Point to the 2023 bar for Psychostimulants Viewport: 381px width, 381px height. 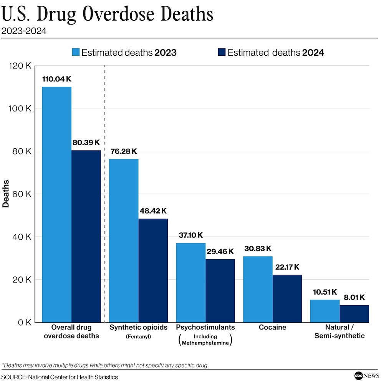pyautogui.click(x=190, y=282)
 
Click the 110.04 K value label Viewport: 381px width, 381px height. pyautogui.click(x=56, y=79)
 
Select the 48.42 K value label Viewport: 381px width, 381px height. pyautogui.click(x=153, y=211)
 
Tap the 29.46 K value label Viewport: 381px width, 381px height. pyautogui.click(x=220, y=252)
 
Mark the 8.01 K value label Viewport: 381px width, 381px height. pyautogui.click(x=354, y=297)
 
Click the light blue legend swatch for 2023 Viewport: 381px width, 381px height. pyautogui.click(x=76, y=53)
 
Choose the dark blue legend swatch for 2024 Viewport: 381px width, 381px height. pyautogui.click(x=222, y=53)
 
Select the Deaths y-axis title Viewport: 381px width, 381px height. pyautogui.click(x=6, y=194)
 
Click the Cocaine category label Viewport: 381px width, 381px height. pyautogui.click(x=272, y=328)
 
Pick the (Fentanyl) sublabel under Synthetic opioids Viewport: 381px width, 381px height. pyautogui.click(x=138, y=337)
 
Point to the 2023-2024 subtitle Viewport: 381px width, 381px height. pyautogui.click(x=24, y=31)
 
